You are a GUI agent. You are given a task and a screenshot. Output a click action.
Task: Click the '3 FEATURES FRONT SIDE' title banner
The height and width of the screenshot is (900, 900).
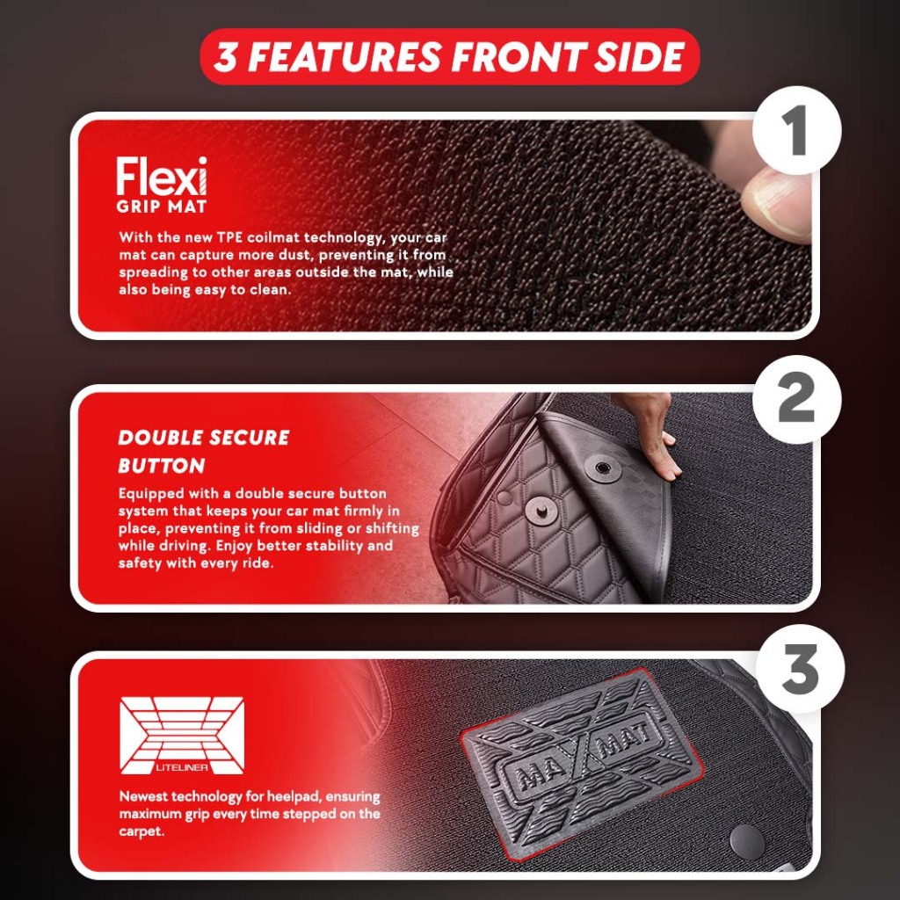tap(449, 57)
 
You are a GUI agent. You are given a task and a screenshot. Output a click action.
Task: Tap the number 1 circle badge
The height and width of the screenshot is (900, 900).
tap(797, 131)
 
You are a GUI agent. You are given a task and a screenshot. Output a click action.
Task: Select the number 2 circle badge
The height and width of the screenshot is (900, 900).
tap(797, 400)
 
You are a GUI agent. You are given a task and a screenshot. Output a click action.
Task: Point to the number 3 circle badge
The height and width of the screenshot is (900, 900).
tap(800, 669)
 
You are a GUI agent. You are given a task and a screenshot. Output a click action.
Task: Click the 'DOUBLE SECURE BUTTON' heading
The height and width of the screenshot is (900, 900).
tap(204, 451)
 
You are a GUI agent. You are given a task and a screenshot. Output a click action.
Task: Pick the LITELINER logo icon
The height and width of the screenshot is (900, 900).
tap(182, 736)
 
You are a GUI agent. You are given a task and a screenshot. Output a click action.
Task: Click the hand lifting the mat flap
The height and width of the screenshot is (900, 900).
tap(648, 433)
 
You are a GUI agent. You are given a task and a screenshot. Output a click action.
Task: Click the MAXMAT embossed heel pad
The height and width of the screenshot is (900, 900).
tap(582, 764)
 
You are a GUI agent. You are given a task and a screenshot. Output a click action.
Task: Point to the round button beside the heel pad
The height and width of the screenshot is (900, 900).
tap(747, 841)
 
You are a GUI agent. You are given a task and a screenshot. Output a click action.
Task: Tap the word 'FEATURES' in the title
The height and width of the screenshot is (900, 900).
tap(344, 57)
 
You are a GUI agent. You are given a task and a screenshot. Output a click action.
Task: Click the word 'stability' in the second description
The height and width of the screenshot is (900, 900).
tap(334, 545)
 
